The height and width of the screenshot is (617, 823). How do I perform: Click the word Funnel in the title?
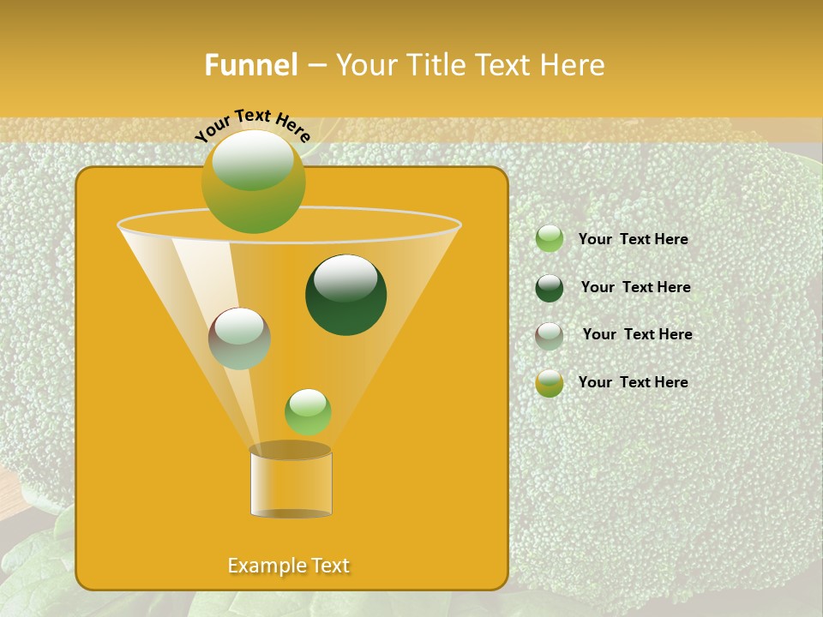[250, 65]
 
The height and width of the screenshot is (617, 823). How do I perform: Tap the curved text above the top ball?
[253, 123]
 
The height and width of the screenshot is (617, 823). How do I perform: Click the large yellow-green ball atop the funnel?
[253, 181]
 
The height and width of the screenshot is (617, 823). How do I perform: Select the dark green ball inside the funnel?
[345, 294]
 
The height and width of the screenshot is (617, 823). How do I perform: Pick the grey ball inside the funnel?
[239, 338]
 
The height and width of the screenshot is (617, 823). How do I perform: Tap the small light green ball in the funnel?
[308, 411]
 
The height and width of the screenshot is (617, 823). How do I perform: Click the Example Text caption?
[289, 566]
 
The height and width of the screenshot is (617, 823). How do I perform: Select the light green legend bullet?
[550, 239]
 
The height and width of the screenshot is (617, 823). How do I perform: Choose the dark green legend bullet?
[550, 288]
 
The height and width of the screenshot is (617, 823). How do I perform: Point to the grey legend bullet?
[550, 335]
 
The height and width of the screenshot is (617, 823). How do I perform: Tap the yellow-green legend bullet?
[550, 383]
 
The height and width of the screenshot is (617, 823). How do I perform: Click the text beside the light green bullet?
[633, 240]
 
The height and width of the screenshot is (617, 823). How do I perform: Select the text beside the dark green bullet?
[635, 287]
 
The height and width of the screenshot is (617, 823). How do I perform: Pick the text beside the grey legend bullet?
[637, 334]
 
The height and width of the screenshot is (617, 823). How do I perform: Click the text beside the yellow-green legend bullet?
[633, 382]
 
